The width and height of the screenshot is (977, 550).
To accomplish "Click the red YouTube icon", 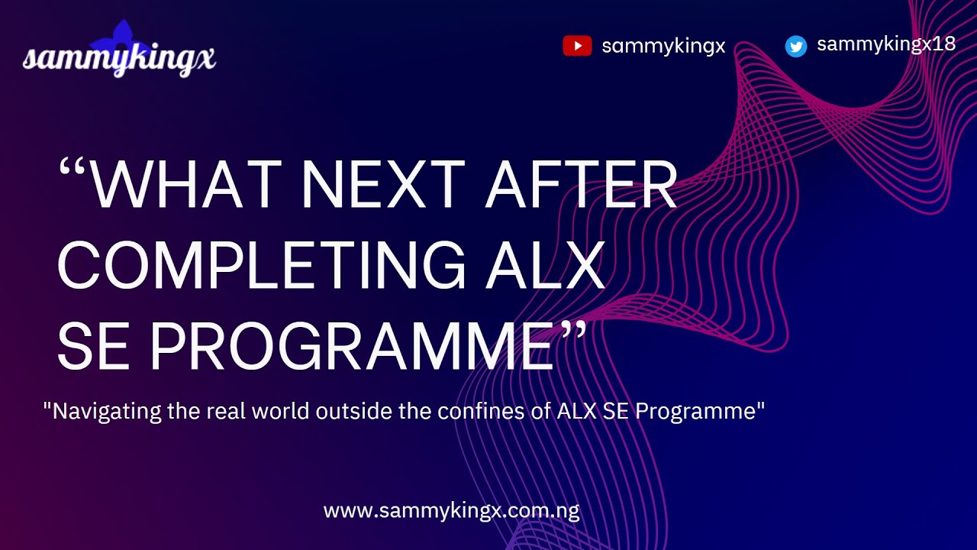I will point(577,47).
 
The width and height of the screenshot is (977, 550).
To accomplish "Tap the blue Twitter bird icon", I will point(796,47).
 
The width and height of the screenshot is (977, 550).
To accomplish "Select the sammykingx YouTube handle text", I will point(663,47).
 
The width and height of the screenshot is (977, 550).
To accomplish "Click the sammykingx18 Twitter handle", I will point(885,44).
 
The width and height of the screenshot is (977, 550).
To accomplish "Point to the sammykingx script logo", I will point(119,60).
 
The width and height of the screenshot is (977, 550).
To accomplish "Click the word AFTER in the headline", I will point(582,186).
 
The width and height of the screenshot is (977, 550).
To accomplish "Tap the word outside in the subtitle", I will point(364,412).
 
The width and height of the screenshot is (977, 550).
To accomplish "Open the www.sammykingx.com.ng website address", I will point(451,511).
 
